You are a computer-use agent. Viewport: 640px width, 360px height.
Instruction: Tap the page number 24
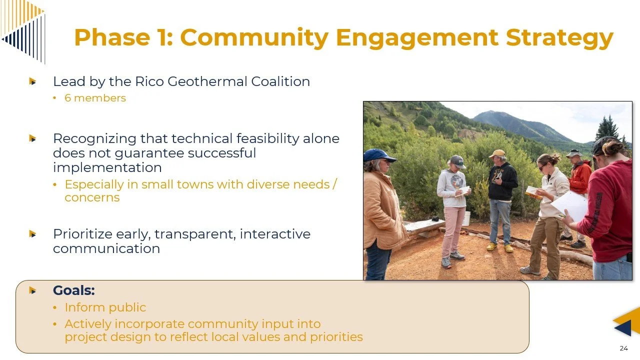[623, 348]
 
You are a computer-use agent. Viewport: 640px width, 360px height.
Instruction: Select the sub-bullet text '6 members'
[95, 98]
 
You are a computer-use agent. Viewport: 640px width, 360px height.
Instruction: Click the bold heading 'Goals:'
[74, 290]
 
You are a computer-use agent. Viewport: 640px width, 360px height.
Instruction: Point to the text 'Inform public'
[105, 307]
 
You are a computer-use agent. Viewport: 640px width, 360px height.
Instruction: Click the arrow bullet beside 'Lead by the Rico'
[33, 81]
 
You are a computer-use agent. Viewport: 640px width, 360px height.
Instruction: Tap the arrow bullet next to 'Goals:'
[33, 290]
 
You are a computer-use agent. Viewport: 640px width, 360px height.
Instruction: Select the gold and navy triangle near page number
[626, 322]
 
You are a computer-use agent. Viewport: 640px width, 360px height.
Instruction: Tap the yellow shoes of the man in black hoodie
[499, 247]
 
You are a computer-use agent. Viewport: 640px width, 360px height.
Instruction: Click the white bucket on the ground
[466, 218]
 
